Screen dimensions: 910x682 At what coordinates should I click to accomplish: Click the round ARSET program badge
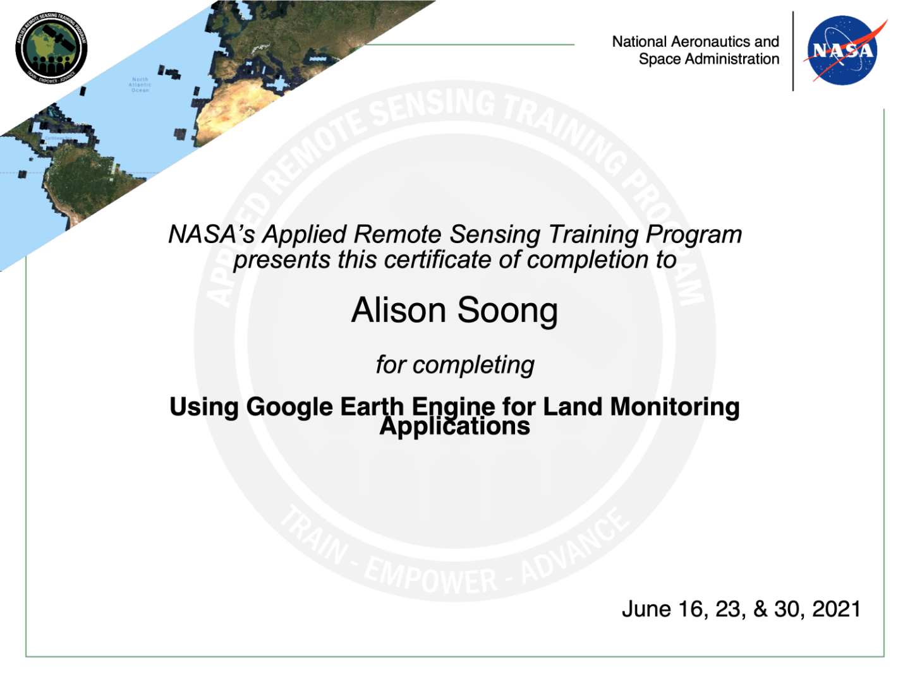[x=51, y=48]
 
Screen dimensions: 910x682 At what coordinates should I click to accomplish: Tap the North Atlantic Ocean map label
[x=140, y=85]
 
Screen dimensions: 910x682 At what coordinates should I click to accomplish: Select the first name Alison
[x=398, y=310]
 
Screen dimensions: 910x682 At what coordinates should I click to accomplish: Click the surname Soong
[x=507, y=311]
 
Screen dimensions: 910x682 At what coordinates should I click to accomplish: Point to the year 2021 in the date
[x=836, y=609]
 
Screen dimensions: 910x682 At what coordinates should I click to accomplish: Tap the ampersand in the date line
[x=760, y=609]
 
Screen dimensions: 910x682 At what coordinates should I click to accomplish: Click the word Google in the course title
[x=289, y=407]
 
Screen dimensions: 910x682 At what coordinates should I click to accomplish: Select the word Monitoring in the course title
[x=674, y=407]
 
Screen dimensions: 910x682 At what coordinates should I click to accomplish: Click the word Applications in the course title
[x=454, y=427]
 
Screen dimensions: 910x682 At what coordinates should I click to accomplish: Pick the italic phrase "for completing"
[x=455, y=365]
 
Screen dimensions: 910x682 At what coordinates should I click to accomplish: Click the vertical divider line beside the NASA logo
[x=793, y=51]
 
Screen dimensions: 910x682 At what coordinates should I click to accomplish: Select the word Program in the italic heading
[x=694, y=235]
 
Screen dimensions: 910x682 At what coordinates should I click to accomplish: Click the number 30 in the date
[x=787, y=609]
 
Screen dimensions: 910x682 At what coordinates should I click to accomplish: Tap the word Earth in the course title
[x=372, y=407]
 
